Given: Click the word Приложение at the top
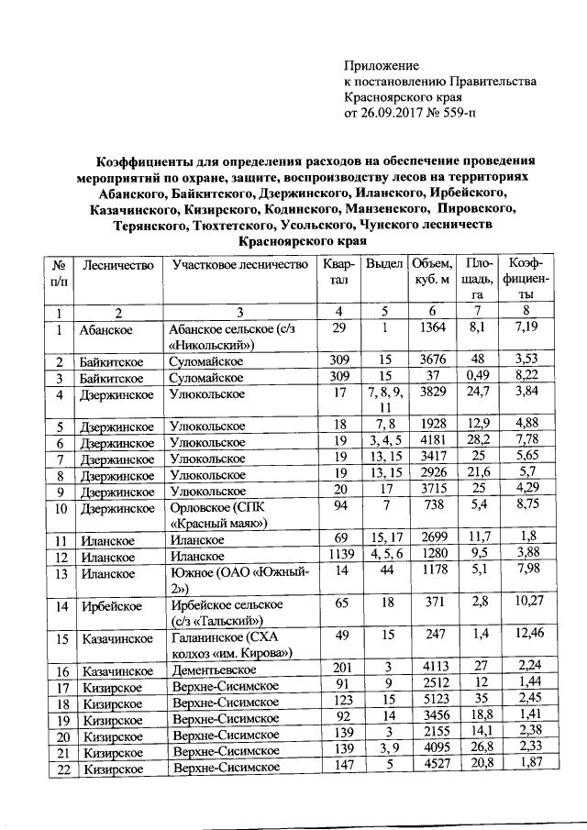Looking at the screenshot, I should coord(381,66).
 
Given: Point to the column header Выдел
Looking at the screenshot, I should coord(384,265).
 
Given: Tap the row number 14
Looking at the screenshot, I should coord(61,606).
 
